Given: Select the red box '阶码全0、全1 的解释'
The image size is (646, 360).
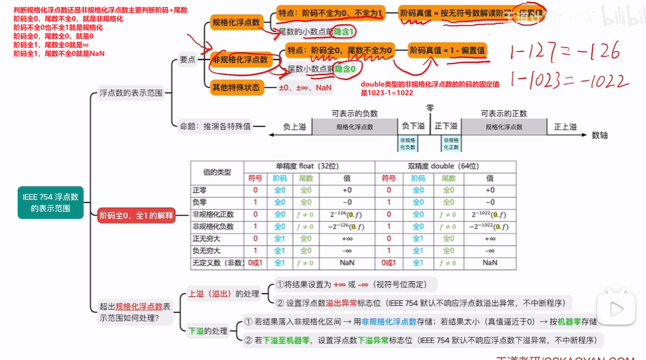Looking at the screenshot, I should [x=136, y=215].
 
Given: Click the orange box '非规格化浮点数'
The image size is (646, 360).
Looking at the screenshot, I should [x=239, y=59].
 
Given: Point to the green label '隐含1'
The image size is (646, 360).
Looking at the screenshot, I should [x=344, y=31].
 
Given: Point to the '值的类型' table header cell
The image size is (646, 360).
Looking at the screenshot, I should [x=216, y=172].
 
